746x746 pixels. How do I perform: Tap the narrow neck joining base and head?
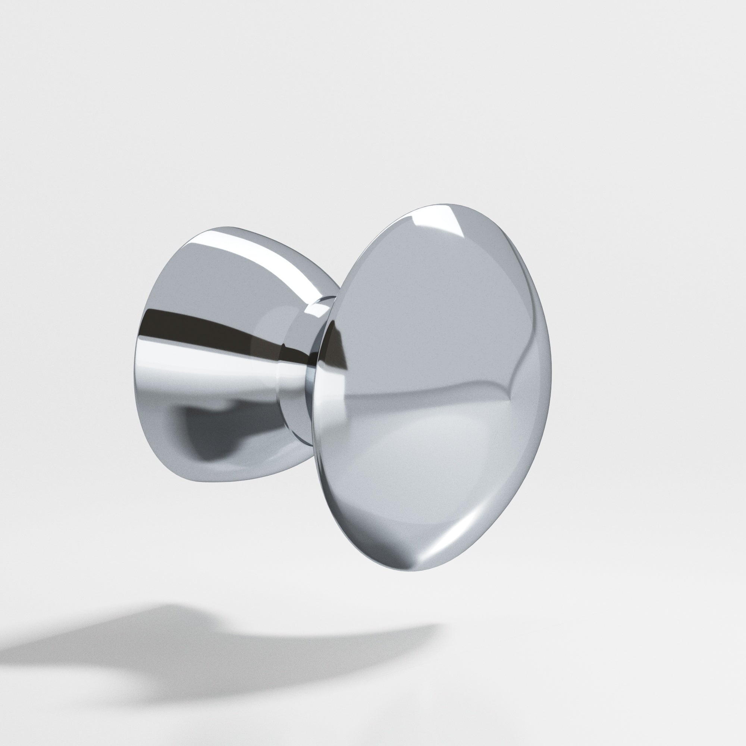tap(305, 371)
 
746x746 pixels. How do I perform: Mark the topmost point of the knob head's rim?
tap(448, 202)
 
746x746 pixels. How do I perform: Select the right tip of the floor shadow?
tap(440, 626)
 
